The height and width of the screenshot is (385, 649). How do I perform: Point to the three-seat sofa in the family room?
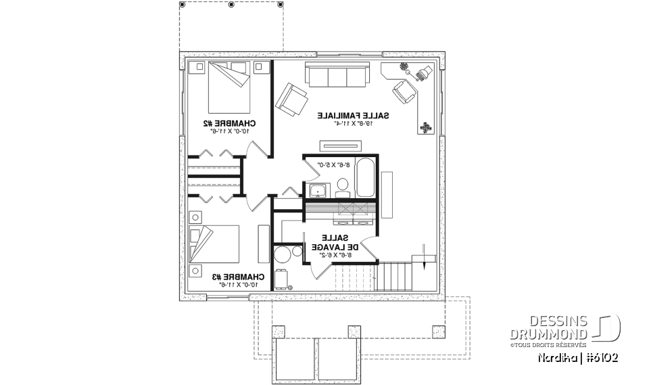click(337, 74)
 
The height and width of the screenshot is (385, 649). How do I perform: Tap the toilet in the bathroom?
click(343, 185)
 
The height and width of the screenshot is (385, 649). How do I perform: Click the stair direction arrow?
click(423, 255)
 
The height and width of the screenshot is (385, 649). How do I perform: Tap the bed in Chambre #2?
click(229, 86)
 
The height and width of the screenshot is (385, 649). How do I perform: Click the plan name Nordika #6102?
click(577, 357)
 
